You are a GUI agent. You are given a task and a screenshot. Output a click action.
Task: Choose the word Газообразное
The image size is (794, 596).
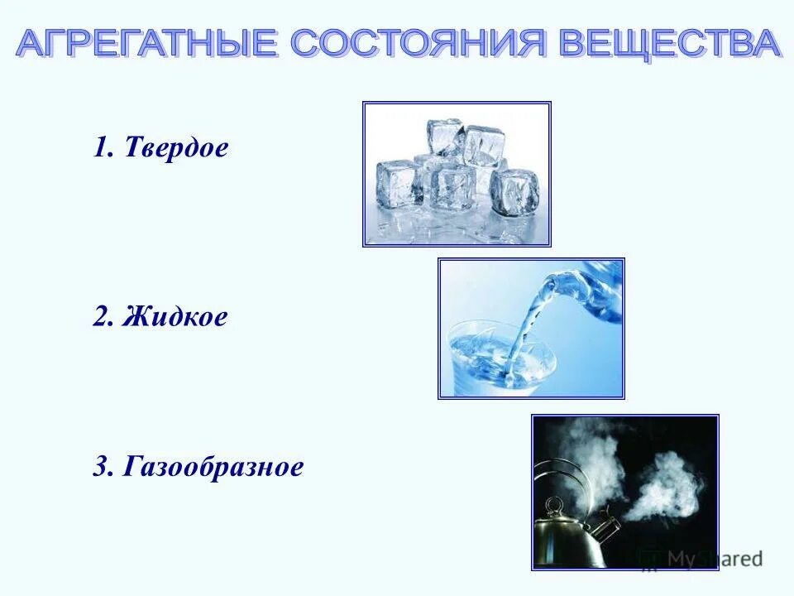tap(213, 468)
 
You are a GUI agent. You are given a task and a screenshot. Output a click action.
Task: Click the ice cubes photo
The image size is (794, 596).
tap(457, 174)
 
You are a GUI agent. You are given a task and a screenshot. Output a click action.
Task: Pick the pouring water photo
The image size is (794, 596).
tap(531, 328)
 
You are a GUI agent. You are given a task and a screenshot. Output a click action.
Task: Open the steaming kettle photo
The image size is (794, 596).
tap(624, 492)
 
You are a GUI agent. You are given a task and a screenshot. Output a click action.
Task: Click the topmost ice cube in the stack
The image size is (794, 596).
tap(444, 137)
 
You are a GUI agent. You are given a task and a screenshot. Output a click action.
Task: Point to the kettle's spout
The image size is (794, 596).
tap(608, 527)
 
